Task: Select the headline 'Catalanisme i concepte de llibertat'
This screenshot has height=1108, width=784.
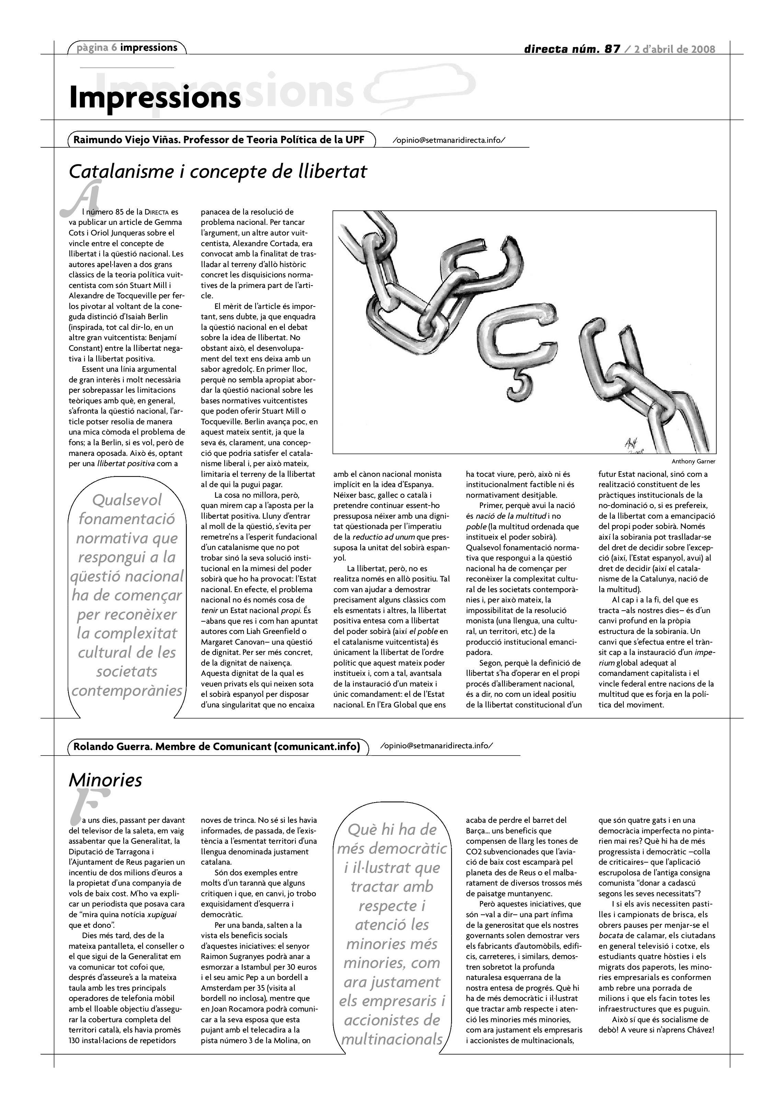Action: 218,171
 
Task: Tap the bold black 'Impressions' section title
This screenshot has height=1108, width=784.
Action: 155,97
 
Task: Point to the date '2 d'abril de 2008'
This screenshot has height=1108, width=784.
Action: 674,49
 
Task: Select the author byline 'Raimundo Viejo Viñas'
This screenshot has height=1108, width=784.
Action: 126,140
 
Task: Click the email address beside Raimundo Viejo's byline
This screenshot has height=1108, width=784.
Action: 449,140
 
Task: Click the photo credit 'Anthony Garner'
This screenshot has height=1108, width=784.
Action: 693,461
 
